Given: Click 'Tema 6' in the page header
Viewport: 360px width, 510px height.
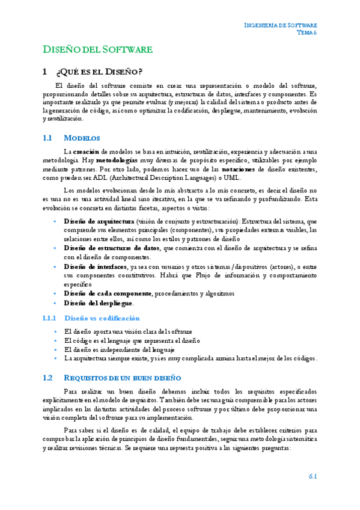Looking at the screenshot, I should tap(307, 33).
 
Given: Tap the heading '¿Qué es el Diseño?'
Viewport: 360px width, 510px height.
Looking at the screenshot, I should tap(99, 72).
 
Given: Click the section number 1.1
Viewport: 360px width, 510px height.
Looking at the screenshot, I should tap(49, 138).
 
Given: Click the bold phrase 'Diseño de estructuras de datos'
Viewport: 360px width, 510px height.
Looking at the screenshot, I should tap(111, 248).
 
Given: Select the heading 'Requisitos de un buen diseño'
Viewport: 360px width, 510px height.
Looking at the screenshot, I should tap(121, 378).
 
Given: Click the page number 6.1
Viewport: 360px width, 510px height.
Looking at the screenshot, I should tap(313, 476).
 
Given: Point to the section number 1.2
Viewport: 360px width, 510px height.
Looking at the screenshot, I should tap(49, 378).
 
